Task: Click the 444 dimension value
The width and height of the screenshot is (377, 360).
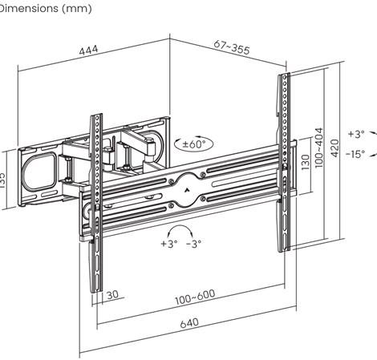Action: (88, 51)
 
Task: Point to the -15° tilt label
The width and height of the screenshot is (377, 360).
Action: (355, 153)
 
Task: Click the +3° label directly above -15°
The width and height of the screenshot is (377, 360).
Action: (355, 134)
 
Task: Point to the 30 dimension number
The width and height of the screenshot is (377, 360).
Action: (111, 295)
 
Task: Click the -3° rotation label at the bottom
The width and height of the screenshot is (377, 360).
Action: (193, 243)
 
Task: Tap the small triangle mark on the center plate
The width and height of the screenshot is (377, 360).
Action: (187, 191)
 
